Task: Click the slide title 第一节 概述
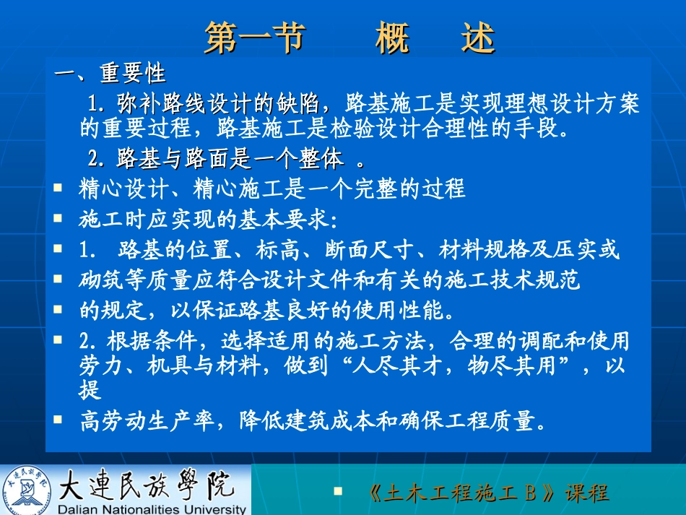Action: [349, 38]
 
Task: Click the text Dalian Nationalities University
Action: [152, 508]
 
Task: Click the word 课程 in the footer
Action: [586, 493]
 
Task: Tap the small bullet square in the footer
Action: [337, 490]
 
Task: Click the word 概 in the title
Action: [393, 38]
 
